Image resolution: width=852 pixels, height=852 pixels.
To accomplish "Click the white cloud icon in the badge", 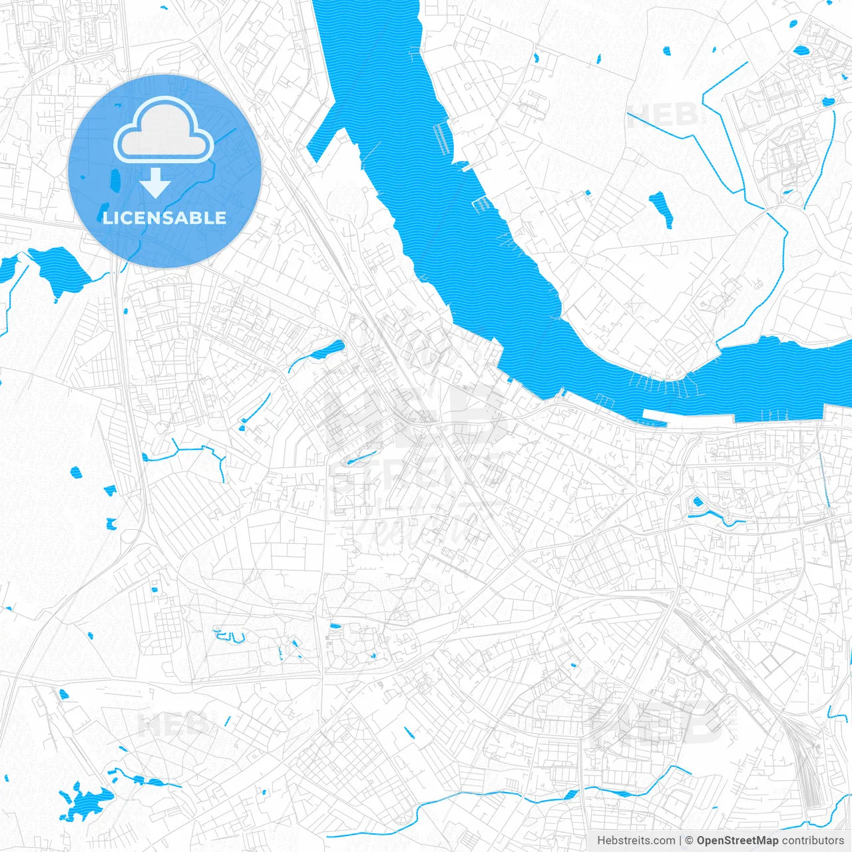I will click(164, 130).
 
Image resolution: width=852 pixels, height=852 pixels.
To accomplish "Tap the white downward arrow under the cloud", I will click(156, 183).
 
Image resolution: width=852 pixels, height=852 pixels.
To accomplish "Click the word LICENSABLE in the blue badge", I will click(164, 218).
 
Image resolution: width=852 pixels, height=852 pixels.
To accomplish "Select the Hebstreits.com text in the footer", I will click(636, 841).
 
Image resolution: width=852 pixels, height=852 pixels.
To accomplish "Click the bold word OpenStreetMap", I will click(737, 841).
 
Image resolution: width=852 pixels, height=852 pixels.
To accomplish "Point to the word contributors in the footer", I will click(812, 841).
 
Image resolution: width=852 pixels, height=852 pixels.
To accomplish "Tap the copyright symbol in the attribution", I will click(689, 841).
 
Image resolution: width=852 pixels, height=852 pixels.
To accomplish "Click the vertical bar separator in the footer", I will click(680, 841).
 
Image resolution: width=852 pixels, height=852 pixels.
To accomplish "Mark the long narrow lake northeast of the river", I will click(660, 209).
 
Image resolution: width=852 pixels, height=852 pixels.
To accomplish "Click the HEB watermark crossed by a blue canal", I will click(666, 116).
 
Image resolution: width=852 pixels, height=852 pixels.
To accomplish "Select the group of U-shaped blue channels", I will click(229, 636).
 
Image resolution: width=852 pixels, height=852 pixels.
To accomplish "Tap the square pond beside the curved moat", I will click(698, 501).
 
